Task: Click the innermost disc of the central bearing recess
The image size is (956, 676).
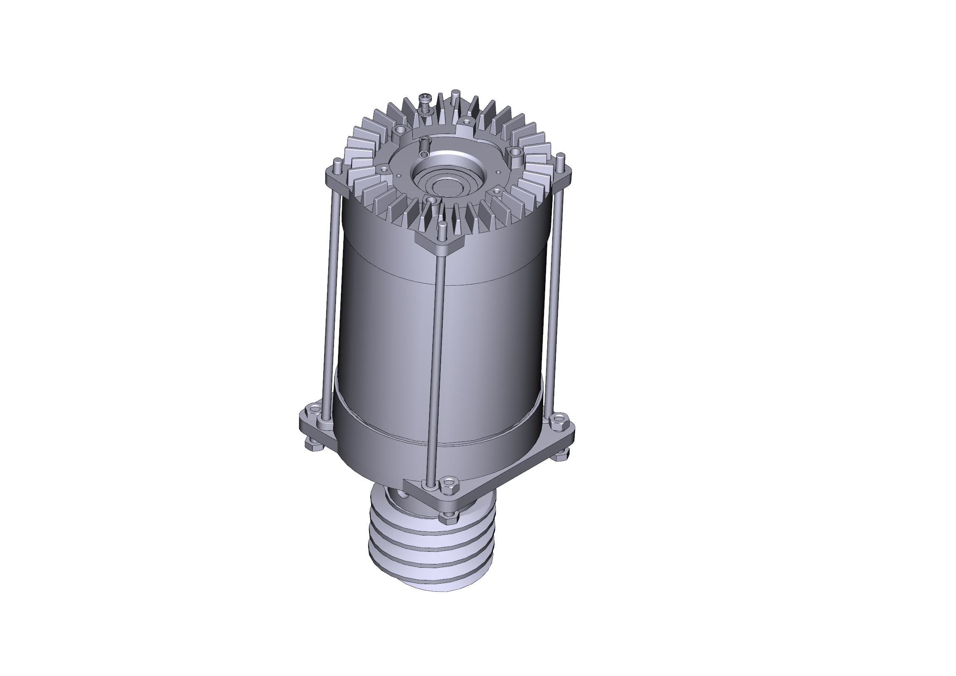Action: (445, 186)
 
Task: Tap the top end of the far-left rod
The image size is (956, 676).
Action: (336, 161)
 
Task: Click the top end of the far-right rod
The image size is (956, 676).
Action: (561, 157)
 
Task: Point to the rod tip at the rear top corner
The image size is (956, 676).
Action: (455, 92)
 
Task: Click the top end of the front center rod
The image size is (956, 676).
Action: (442, 226)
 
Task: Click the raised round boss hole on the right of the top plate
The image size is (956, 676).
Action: (515, 153)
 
